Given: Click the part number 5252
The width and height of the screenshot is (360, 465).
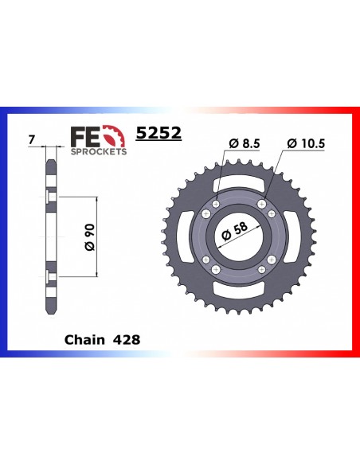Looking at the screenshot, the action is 158,133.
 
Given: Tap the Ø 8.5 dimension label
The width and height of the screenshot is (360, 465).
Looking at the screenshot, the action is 245,144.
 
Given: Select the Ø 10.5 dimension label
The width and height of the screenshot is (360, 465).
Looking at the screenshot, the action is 306,144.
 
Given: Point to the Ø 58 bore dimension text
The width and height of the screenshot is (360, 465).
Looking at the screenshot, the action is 234,232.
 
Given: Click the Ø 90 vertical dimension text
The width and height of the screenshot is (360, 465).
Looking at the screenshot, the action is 90,237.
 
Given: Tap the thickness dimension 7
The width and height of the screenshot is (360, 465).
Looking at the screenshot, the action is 32,139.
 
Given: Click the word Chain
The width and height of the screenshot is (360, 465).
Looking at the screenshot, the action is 84,340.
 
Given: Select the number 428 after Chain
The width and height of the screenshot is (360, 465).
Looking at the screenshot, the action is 127,340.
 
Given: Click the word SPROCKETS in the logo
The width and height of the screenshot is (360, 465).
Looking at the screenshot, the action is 99,151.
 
